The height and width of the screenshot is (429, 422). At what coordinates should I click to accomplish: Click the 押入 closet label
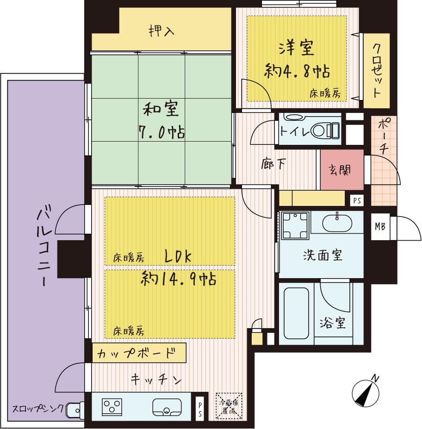coord(161,31)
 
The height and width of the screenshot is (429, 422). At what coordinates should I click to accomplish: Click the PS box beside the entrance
coord(356,200)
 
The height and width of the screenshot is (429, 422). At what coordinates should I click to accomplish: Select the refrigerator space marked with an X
coord(229,406)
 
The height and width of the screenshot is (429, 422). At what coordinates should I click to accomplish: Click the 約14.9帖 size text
coord(178,279)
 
